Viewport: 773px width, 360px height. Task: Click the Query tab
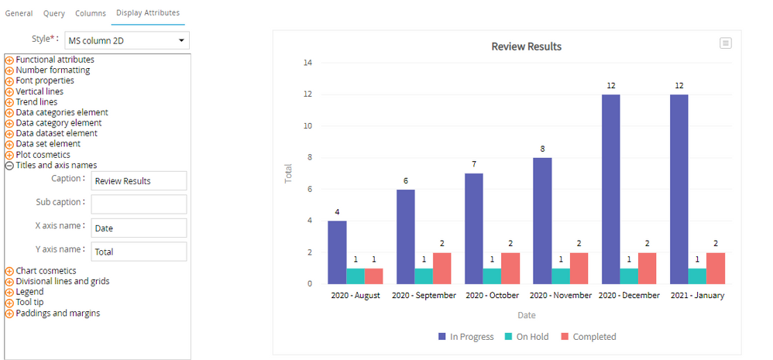[x=54, y=13]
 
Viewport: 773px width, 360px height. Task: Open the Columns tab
[x=91, y=13]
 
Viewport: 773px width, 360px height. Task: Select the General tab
[x=19, y=13]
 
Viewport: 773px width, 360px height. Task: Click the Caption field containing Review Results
[x=139, y=180]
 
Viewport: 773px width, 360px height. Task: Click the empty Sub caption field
[x=139, y=204]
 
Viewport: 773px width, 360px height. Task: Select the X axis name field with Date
[x=139, y=228]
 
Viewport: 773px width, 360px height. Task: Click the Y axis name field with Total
[x=139, y=252]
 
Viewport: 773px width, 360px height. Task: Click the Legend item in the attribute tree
[x=30, y=292]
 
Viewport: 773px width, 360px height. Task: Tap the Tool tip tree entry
[x=32, y=303]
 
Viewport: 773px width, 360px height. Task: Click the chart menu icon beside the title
[x=726, y=43]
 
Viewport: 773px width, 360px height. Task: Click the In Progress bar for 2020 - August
[x=337, y=252]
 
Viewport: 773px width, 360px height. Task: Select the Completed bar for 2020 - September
[x=442, y=268]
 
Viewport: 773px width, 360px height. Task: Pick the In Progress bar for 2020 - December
[x=610, y=189]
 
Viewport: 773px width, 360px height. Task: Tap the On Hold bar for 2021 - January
[x=698, y=276]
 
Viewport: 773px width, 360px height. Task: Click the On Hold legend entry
[x=527, y=337]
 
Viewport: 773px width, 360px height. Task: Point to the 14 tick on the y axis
[x=307, y=63]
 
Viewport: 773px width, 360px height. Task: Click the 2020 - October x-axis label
[x=493, y=296]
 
